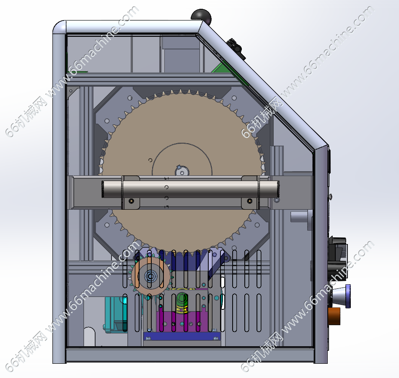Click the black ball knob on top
point(201,16)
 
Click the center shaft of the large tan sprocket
point(182,171)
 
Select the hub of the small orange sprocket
point(150,276)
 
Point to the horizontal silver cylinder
point(190,189)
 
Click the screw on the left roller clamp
point(131,201)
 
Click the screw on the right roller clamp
point(250,201)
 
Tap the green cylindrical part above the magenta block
point(182,303)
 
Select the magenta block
point(182,321)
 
